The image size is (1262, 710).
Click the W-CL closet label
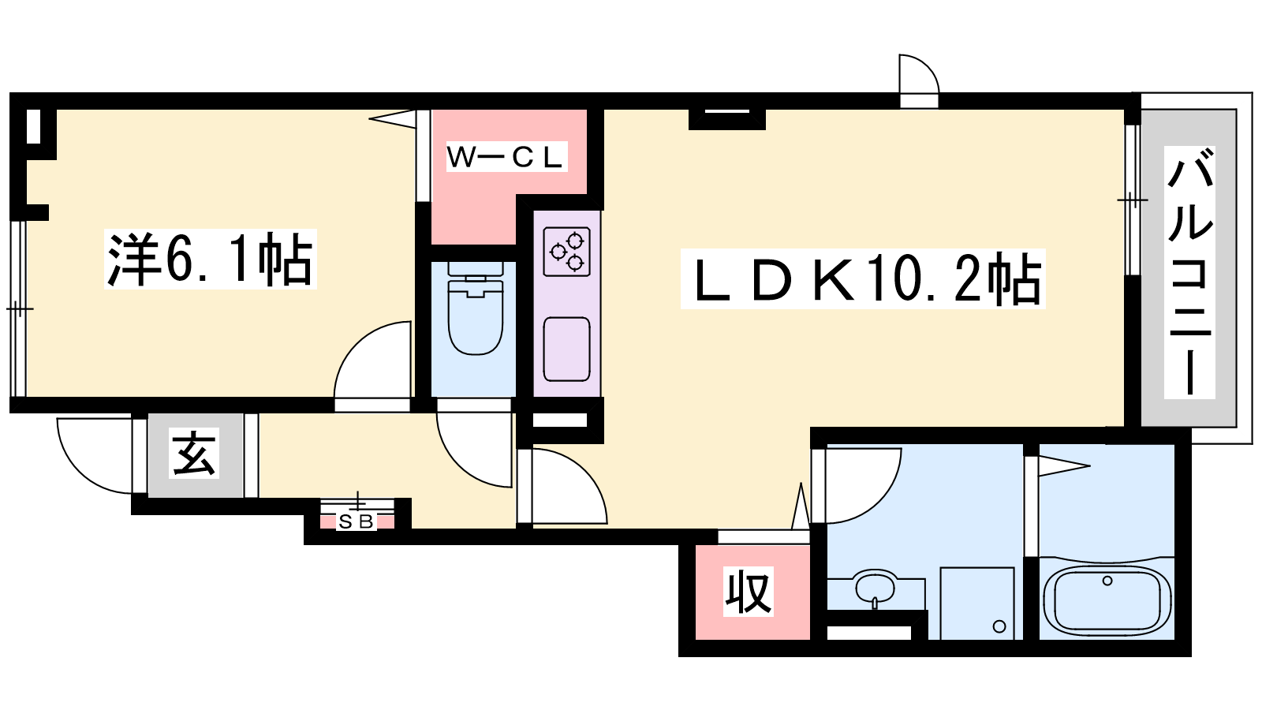pyautogui.click(x=506, y=157)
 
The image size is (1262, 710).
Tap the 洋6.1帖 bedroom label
pyautogui.click(x=210, y=260)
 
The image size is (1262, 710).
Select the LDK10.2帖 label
pyautogui.click(x=863, y=279)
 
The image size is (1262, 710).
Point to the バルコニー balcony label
pyautogui.click(x=1189, y=272)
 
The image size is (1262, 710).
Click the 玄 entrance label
pyautogui.click(x=194, y=454)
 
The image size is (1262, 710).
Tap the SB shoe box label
pyautogui.click(x=357, y=521)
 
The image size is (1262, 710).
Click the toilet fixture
pyautogui.click(x=476, y=308)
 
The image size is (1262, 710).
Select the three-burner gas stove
pyautogui.click(x=567, y=252)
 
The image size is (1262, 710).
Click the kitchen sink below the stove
pyautogui.click(x=567, y=349)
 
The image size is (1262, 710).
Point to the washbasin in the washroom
pyautogui.click(x=875, y=587)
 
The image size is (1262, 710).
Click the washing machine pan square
pyautogui.click(x=977, y=603)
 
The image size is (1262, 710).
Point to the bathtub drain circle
pyautogui.click(x=1107, y=581)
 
